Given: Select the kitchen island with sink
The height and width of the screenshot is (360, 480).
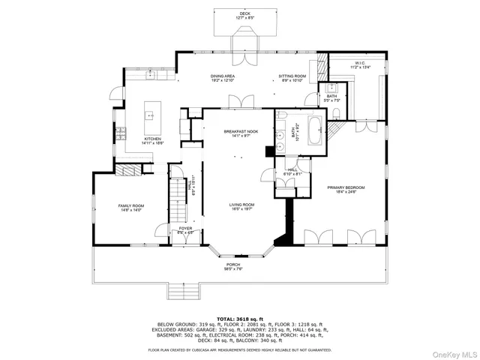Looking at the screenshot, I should tap(150, 115).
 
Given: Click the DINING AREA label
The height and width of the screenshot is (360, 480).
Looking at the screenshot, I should tap(223, 77).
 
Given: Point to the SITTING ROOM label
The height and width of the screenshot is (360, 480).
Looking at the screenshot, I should tap(292, 77).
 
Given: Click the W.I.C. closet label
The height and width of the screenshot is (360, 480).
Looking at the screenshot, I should tap(361, 65).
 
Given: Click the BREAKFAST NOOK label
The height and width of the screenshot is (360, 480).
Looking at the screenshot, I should tap(240, 133).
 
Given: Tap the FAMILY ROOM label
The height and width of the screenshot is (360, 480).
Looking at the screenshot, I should tap(130, 207).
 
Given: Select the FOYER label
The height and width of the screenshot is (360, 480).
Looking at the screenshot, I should tap(185, 230).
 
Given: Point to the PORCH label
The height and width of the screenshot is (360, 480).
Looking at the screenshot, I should tap(234, 266).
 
